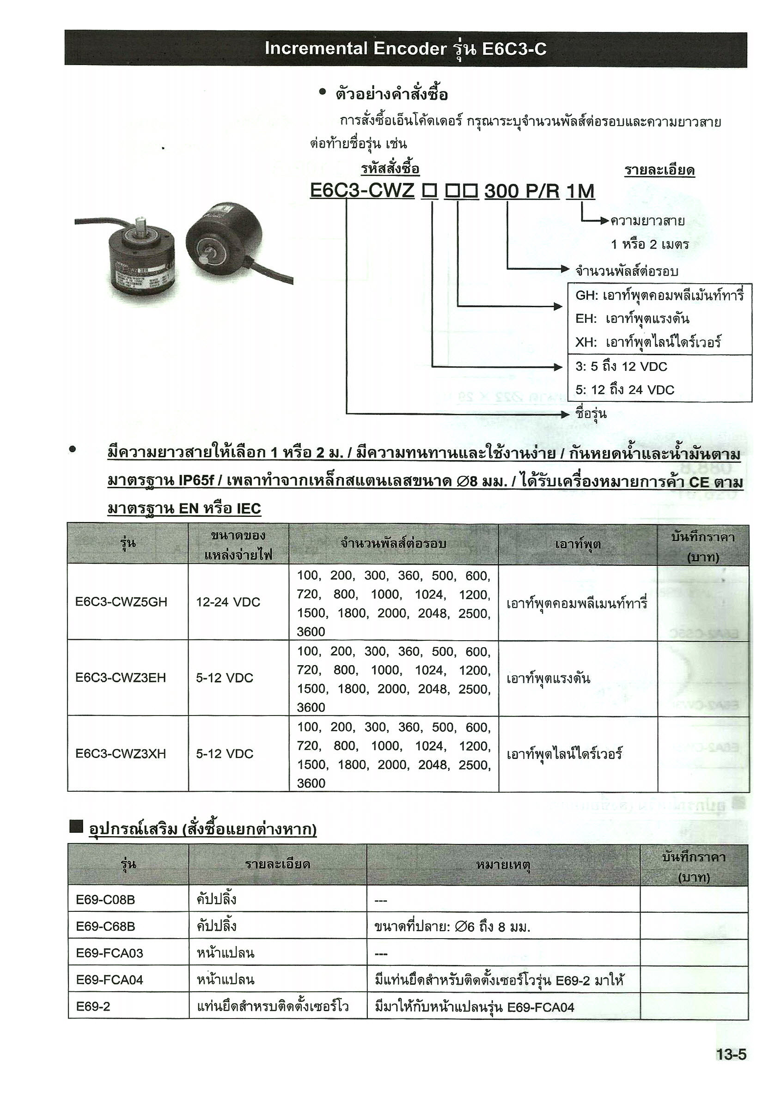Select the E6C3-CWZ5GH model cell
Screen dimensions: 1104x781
[121, 602]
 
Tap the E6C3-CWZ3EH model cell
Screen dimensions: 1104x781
[121, 678]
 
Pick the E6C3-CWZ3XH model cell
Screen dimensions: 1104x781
[121, 753]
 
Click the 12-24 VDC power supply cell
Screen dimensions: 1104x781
[228, 602]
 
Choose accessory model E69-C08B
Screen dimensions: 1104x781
[105, 900]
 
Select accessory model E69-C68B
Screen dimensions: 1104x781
[105, 926]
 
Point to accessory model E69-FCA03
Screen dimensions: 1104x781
[110, 953]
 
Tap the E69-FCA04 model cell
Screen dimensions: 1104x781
[110, 979]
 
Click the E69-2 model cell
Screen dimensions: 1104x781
[93, 1007]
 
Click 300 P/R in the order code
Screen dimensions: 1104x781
[522, 191]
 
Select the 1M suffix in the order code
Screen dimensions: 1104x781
[580, 191]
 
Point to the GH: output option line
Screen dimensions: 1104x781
[659, 295]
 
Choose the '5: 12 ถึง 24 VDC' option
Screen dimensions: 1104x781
[625, 389]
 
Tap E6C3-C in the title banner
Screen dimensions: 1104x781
[513, 49]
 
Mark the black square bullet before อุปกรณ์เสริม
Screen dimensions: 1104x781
[76, 826]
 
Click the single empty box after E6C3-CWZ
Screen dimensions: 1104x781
[429, 192]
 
